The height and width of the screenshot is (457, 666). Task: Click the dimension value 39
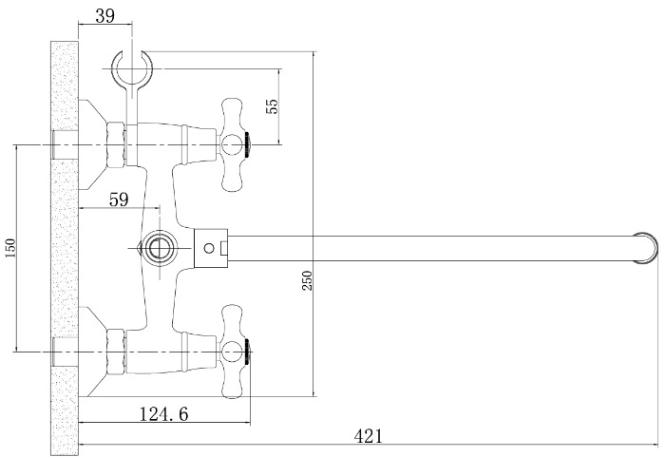coord(105,16)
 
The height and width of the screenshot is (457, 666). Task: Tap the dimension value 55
coord(272,105)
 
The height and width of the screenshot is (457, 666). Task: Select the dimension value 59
coord(119,199)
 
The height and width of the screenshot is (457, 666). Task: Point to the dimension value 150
coord(10,248)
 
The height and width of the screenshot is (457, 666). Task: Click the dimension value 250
coord(307,280)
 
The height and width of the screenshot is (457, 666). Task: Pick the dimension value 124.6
coord(164,413)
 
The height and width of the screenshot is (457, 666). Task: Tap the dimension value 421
coord(369,436)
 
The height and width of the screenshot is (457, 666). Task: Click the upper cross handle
coord(232,144)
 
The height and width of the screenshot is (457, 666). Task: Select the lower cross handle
coord(232,352)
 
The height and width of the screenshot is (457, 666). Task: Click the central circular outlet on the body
coord(158,248)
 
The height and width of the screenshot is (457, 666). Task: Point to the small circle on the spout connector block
coord(209,248)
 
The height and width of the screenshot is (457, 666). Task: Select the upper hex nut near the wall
coord(116,144)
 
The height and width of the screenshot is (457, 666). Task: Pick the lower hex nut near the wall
coord(116,352)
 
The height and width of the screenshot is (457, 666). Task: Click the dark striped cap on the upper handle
coord(248,144)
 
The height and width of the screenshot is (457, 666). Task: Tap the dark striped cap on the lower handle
coord(248,352)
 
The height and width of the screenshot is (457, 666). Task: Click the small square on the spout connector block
coord(224,248)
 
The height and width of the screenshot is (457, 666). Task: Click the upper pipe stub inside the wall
coord(65,144)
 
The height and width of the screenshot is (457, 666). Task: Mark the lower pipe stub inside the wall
coord(65,352)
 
